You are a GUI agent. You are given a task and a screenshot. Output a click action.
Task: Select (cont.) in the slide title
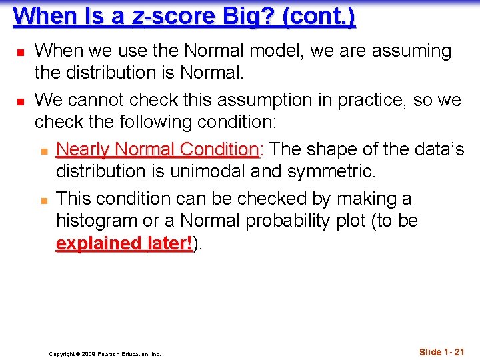319,15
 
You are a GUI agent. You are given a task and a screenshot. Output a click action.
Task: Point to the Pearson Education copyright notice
105,354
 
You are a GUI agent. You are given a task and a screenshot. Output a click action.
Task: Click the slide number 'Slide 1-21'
441,352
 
